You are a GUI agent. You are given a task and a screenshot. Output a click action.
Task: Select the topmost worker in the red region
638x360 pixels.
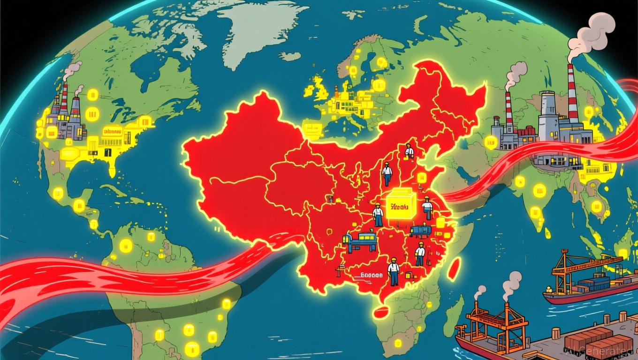(x=409, y=151)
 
